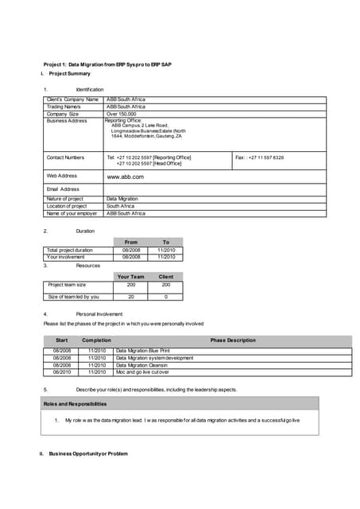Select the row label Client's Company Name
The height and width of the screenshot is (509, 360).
pos(73,99)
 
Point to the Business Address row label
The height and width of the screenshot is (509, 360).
pos(67,121)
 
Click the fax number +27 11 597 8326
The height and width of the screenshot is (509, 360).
pos(260,157)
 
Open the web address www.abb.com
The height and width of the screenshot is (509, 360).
pos(125,176)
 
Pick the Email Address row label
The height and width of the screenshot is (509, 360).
pos(64,189)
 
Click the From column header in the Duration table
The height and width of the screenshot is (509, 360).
pos(131,242)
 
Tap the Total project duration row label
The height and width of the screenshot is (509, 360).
pos(70,250)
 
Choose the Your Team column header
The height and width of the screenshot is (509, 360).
pos(131,277)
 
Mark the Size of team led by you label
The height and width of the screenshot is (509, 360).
pos(74,297)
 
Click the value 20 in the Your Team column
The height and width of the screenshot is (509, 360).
pos(131,297)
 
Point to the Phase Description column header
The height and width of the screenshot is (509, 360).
pos(233,340)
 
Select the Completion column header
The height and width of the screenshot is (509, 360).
pos(97,340)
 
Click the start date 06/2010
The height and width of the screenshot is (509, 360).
pos(62,371)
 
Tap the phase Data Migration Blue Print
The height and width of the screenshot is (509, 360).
pos(142,350)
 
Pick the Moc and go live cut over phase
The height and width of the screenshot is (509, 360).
pos(142,371)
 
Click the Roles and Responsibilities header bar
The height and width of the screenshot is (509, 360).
pos(75,404)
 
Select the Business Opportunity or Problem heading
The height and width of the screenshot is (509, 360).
pos(83,453)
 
